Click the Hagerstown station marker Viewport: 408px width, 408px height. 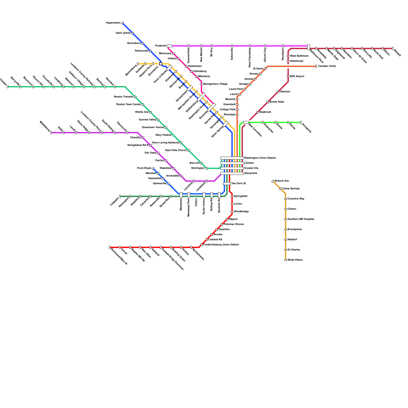[x=122, y=23]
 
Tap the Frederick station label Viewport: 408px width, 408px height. [x=161, y=46]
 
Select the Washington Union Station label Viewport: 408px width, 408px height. [x=260, y=158]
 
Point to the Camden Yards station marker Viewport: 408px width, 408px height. [x=316, y=66]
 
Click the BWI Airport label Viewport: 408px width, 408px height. [x=297, y=76]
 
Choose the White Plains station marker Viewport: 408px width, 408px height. [x=285, y=260]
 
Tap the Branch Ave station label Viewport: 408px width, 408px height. [x=282, y=181]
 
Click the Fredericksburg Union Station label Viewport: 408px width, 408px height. [x=221, y=245]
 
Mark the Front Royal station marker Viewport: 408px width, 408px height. [x=153, y=168]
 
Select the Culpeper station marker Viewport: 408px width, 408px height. [x=120, y=196]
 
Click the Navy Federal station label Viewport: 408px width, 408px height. [x=163, y=135]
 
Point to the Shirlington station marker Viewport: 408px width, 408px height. [x=207, y=168]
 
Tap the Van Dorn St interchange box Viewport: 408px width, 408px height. [x=227, y=184]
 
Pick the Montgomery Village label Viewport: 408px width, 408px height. [x=215, y=84]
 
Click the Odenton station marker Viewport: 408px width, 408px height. [x=278, y=92]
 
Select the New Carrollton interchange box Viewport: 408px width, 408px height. [x=246, y=122]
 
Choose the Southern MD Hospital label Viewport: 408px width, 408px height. [x=301, y=219]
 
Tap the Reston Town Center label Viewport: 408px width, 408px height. [x=129, y=105]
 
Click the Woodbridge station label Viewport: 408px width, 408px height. [x=241, y=212]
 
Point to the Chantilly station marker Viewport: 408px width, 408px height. [x=143, y=138]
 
